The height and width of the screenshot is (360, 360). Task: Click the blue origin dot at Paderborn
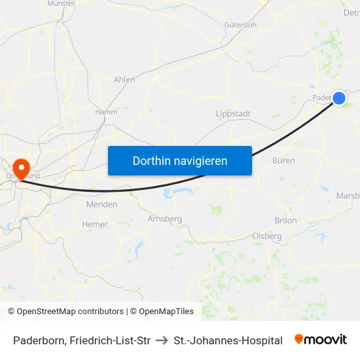tap(339, 98)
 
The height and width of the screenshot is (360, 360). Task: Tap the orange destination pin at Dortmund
tap(21, 168)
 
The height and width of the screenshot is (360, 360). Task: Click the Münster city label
tap(62, 3)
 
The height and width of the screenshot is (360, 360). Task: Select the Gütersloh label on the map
tap(240, 25)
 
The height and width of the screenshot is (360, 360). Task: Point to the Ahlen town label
tap(124, 80)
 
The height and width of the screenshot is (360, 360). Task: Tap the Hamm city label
tap(106, 112)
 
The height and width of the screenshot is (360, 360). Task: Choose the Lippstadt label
tap(233, 114)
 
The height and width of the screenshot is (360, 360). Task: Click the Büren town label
tap(283, 160)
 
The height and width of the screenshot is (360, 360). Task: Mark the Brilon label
tap(285, 221)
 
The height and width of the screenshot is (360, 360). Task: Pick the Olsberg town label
tap(267, 236)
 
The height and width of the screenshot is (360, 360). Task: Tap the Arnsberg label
tap(164, 219)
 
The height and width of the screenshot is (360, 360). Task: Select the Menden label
tap(101, 204)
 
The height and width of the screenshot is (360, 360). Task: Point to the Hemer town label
tap(94, 225)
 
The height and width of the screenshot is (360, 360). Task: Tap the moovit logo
tap(320, 340)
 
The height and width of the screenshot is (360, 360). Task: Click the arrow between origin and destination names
tap(162, 340)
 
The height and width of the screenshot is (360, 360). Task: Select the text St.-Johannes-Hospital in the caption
tap(228, 340)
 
